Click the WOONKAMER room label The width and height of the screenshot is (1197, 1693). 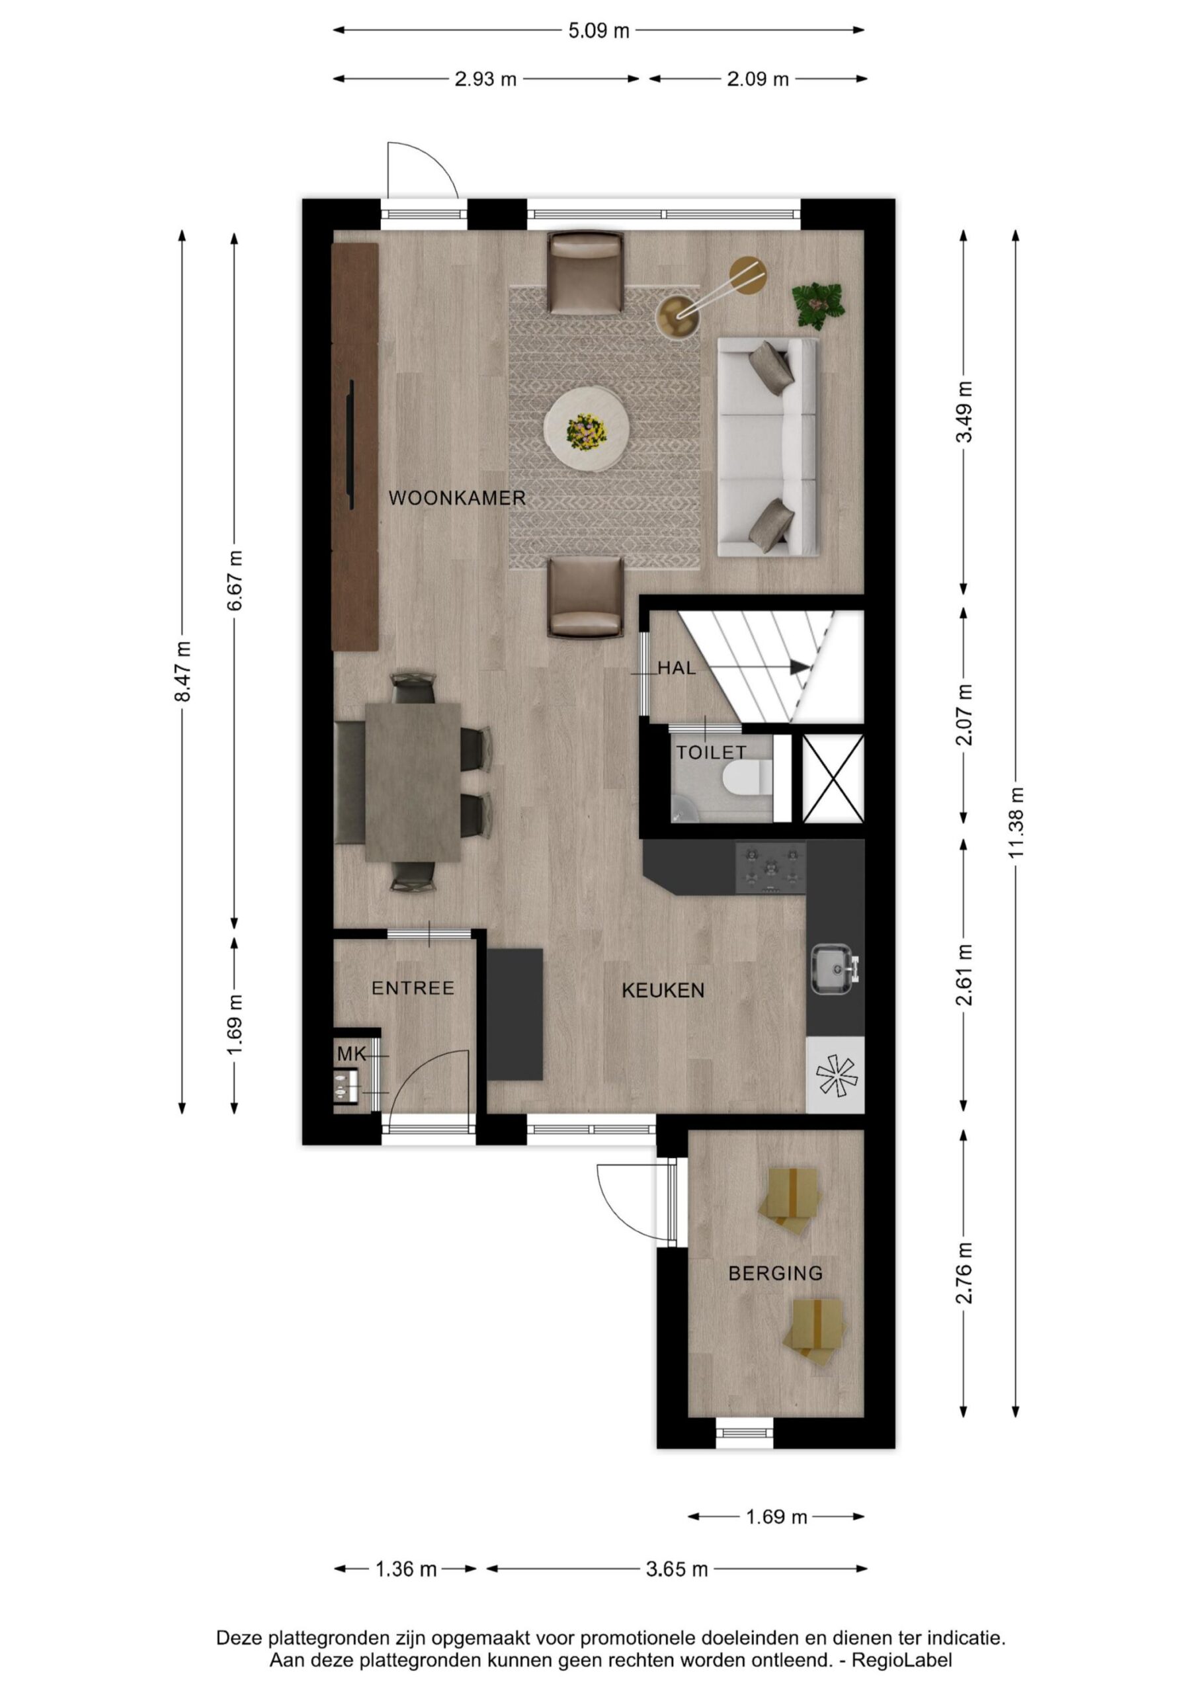click(x=456, y=498)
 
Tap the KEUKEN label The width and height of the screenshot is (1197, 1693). click(x=663, y=990)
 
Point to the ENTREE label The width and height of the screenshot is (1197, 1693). click(x=413, y=988)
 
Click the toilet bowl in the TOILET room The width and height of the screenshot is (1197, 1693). click(x=745, y=780)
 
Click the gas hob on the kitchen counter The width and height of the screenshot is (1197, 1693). click(x=770, y=868)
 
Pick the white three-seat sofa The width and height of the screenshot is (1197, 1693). click(x=768, y=448)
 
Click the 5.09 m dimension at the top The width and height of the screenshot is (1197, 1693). click(x=598, y=31)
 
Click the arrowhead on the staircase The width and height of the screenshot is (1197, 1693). click(x=800, y=667)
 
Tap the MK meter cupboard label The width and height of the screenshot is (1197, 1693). click(x=352, y=1054)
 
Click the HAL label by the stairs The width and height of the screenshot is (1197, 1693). click(x=677, y=668)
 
